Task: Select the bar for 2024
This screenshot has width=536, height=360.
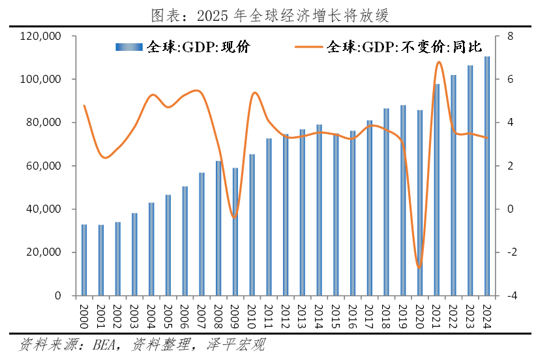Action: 486,176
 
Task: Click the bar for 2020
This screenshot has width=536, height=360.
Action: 420,203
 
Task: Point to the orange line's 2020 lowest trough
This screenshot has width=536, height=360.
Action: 419,267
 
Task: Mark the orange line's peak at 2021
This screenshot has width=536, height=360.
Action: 438,63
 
